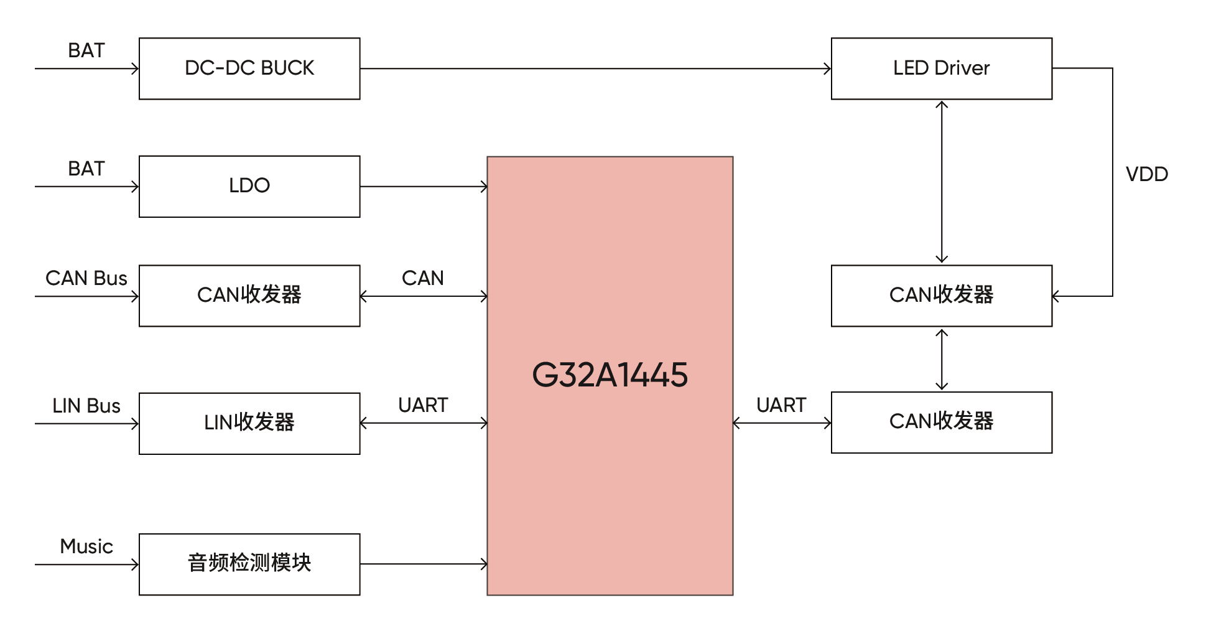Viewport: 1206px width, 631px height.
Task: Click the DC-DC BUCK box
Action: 249,68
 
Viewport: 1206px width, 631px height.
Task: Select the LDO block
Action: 249,186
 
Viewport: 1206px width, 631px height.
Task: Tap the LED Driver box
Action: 941,68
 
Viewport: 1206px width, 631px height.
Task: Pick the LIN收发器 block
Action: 249,423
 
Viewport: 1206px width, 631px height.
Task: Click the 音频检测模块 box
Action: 249,564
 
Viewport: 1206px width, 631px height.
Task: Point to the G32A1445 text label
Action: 610,375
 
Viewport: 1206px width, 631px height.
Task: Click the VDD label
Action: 1146,174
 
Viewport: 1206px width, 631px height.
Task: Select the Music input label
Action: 86,546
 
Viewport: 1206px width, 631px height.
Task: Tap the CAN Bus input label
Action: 86,278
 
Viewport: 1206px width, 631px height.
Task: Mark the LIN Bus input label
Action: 86,406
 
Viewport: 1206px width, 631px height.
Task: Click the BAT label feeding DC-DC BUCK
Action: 86,50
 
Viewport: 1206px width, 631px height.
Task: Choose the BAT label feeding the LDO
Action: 86,169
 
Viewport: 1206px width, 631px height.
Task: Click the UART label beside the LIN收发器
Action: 423,405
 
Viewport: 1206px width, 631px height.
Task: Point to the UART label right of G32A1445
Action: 781,405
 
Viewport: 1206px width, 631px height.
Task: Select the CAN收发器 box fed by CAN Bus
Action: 249,296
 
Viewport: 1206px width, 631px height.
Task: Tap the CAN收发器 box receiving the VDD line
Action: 941,296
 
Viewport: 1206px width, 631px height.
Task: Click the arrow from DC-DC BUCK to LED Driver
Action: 595,68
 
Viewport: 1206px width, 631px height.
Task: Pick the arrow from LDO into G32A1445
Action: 424,186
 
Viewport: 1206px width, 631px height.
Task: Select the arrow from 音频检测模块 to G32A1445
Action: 424,564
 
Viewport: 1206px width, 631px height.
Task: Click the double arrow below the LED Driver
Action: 942,182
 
